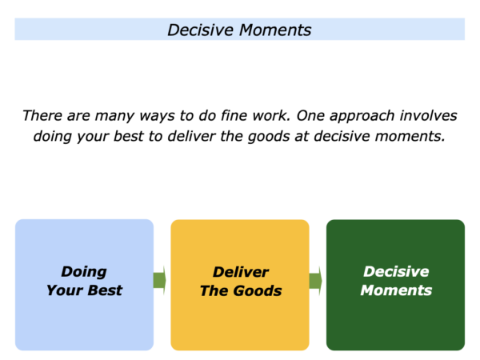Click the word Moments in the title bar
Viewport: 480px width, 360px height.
[275, 30]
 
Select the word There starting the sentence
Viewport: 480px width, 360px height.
[42, 116]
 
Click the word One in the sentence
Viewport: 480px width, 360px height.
[310, 116]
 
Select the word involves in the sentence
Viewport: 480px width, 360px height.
[429, 116]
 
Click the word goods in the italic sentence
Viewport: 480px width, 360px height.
[269, 137]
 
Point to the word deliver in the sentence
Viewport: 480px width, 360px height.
[192, 136]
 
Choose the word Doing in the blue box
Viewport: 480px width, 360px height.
[84, 272]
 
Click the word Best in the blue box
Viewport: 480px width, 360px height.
[105, 290]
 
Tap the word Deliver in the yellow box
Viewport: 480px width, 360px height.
[241, 272]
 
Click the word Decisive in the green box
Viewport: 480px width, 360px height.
[396, 271]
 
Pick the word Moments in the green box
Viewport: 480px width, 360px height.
[396, 290]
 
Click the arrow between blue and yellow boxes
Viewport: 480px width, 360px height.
[159, 280]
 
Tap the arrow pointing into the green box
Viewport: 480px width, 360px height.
[316, 281]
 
